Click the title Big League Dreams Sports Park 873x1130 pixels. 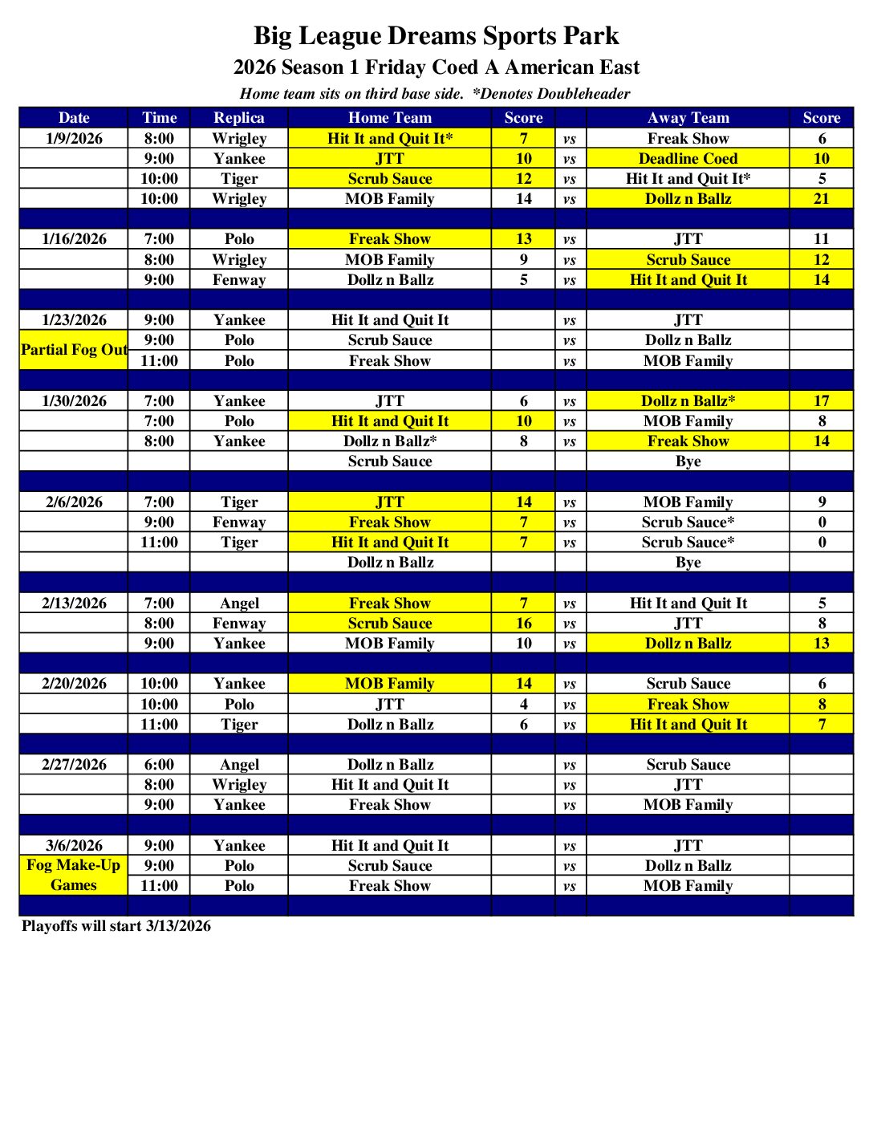[x=436, y=36]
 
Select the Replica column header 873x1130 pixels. [x=238, y=118]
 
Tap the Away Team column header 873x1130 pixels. [x=688, y=118]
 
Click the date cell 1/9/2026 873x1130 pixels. [x=74, y=138]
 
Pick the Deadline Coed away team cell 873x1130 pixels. [x=688, y=158]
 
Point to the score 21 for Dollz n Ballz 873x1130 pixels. [x=821, y=198]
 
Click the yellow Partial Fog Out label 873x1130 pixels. [x=74, y=350]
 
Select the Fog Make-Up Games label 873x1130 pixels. [x=74, y=875]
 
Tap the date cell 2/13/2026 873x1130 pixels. [x=74, y=603]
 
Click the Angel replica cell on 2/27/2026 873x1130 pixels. [x=239, y=764]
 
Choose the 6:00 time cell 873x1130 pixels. [x=159, y=764]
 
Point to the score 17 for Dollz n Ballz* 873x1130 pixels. [x=821, y=400]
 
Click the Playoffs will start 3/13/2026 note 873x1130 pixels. [x=116, y=925]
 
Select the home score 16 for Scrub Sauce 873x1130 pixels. [x=523, y=623]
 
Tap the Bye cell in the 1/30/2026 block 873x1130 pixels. [x=688, y=461]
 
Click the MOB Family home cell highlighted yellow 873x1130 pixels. [x=389, y=683]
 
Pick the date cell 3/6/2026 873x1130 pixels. [x=74, y=845]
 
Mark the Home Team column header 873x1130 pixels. [x=389, y=118]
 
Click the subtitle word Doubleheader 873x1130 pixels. [x=584, y=94]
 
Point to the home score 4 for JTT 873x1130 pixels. [x=523, y=704]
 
